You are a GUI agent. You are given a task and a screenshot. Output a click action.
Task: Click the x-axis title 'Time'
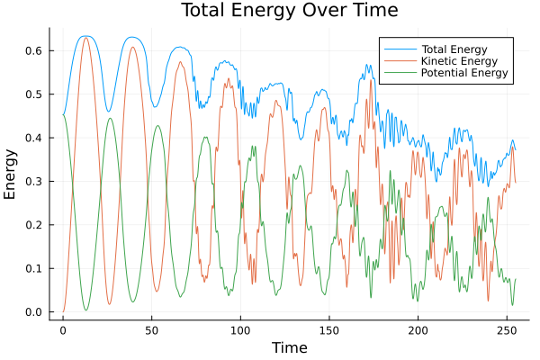pos(289,347)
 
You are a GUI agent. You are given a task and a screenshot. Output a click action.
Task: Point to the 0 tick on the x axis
pos(63,330)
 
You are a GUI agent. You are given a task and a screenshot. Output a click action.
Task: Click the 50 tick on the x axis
pos(151,330)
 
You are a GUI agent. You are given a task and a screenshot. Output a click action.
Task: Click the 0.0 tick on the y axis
pos(33,312)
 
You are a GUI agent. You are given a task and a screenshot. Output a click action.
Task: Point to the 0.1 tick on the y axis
pos(33,269)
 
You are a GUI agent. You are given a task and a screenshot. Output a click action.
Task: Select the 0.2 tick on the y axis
pos(33,225)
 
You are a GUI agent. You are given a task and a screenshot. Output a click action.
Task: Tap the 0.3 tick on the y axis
pos(33,182)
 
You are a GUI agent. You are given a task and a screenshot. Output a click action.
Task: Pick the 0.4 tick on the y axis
pos(33,139)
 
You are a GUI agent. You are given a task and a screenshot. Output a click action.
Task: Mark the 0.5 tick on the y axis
pos(33,94)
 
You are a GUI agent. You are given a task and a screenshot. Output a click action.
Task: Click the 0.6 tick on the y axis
pos(33,51)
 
